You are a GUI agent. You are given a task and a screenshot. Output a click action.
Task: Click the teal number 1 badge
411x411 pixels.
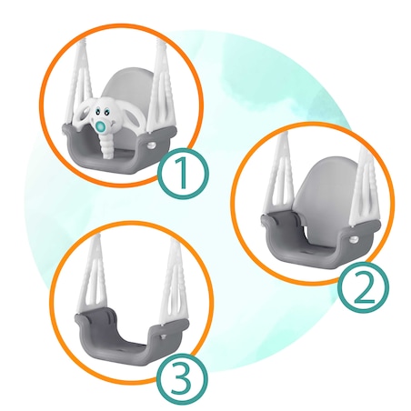coord(183,174)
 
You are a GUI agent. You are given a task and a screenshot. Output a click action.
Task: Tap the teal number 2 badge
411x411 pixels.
coord(363,287)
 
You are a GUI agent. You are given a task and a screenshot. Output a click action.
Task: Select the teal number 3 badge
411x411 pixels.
coord(182,379)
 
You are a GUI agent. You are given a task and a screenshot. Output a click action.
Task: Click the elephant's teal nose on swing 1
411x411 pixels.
coord(100,126)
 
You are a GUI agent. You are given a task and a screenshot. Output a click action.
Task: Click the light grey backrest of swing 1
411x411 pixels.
coord(127,88)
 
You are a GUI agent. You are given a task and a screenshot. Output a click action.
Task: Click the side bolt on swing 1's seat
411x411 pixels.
coord(151,145)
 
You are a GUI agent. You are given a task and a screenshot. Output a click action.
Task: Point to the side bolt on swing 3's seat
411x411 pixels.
coord(165,336)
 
